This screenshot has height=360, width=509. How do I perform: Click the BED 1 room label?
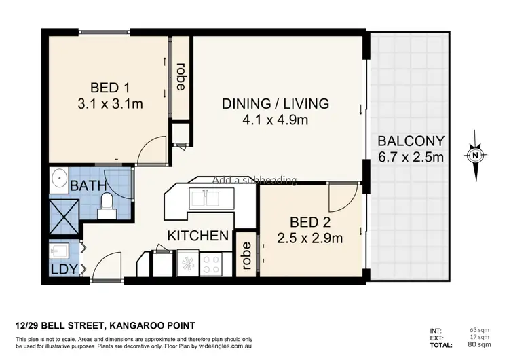(x=110, y=88)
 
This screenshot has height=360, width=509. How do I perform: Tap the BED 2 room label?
(x=310, y=223)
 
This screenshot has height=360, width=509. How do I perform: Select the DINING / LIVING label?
(x=276, y=104)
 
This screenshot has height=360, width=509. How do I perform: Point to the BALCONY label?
(x=411, y=142)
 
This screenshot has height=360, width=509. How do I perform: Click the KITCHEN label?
(x=197, y=236)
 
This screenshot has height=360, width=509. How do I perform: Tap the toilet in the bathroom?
(x=107, y=206)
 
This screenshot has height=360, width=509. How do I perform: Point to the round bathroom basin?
(x=60, y=182)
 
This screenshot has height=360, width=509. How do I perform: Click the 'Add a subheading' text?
(x=254, y=180)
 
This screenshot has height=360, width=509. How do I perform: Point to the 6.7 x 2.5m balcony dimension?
(x=411, y=158)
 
